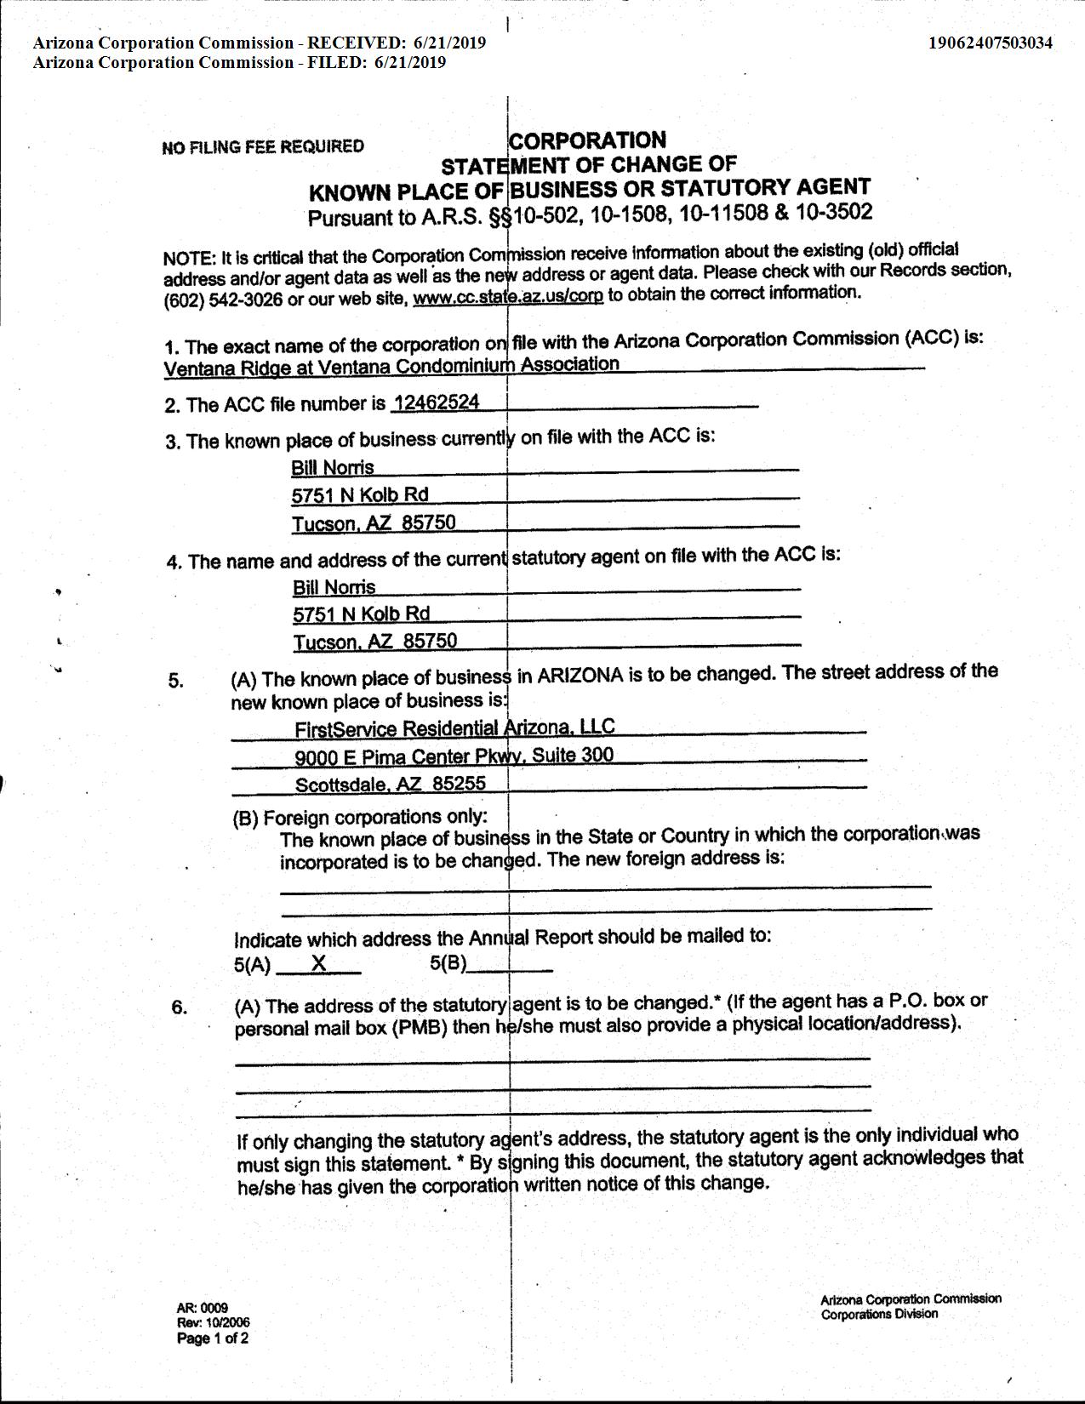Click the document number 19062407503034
(991, 43)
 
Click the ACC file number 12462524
(436, 402)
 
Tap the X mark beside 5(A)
(319, 963)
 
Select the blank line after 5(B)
(511, 968)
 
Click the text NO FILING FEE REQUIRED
(263, 146)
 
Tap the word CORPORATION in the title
(587, 140)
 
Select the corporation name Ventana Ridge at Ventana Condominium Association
(391, 367)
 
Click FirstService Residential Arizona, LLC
(454, 728)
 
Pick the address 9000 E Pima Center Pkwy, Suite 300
(454, 756)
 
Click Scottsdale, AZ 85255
(391, 784)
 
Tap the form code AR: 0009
(203, 1308)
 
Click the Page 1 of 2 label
(213, 1338)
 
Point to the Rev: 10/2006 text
(214, 1323)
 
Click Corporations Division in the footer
(879, 1314)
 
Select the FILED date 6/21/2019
(409, 62)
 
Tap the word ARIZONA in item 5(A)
(580, 676)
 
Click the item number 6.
(179, 1007)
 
